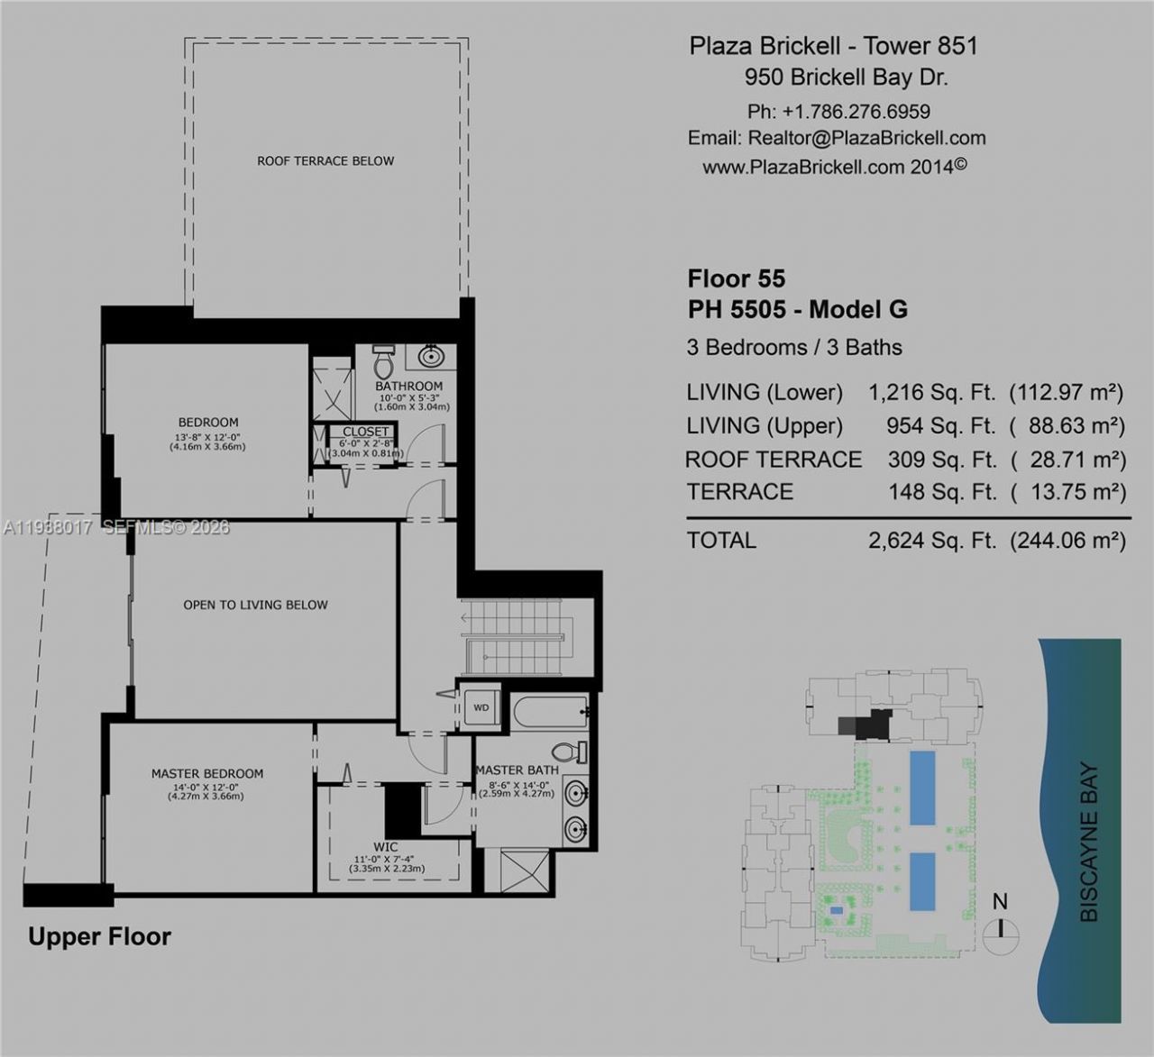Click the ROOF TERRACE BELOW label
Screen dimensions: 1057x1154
325,161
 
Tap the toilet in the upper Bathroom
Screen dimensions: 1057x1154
384,362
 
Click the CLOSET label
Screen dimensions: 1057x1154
365,432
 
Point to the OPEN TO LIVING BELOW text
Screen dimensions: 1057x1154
255,605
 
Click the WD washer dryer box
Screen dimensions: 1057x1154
481,707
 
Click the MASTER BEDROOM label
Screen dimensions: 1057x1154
207,773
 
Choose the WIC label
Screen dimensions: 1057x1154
386,847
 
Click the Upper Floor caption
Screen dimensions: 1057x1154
99,937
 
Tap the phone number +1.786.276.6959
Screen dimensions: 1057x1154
856,112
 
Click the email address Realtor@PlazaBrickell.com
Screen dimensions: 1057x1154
866,139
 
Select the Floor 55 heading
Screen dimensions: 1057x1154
737,278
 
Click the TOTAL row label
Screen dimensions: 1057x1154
721,541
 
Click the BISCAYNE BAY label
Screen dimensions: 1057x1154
1089,843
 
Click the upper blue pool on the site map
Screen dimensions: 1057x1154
921,788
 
